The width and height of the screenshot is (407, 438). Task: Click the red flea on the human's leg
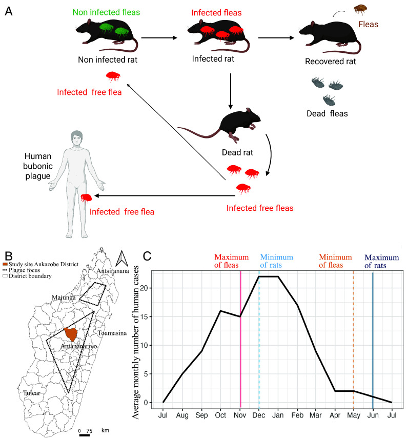85,197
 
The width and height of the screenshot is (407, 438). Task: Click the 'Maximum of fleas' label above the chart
231,261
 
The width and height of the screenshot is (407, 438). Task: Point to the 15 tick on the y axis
148,316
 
